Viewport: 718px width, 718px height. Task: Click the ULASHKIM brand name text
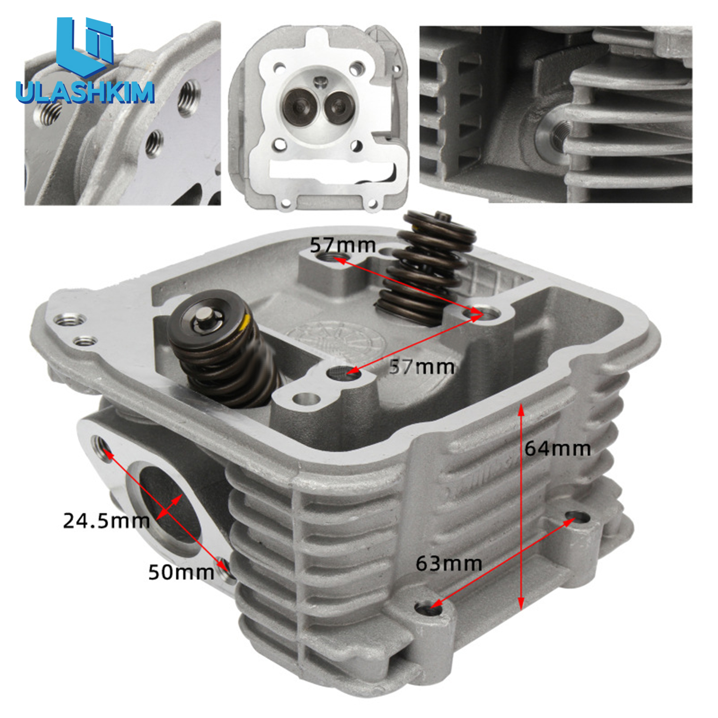pos(85,92)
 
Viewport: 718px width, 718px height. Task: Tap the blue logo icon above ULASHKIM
pos(85,47)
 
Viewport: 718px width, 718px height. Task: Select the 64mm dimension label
pos(558,449)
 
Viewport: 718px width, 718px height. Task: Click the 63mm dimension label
pos(449,563)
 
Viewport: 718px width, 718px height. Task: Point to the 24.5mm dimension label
pos(106,521)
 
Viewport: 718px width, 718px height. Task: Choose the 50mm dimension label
pos(181,572)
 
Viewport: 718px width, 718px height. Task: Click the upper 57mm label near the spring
pos(343,245)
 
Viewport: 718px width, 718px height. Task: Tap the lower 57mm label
pos(422,367)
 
